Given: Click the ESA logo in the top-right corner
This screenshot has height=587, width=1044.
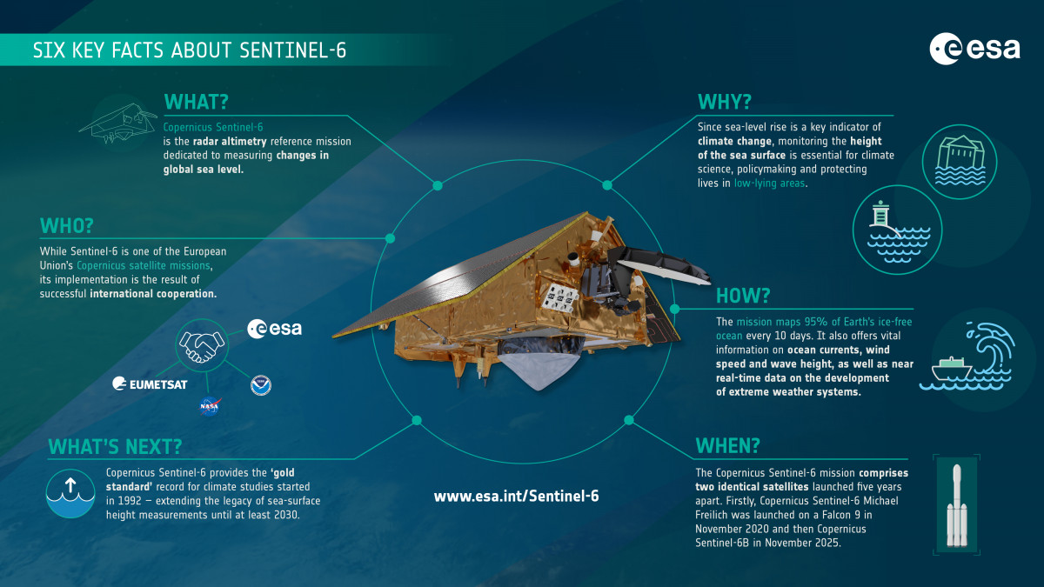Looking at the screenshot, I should pyautogui.click(x=974, y=49).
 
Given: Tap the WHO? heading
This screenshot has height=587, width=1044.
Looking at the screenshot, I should pyautogui.click(x=66, y=225).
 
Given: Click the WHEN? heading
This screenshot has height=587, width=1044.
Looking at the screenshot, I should pyautogui.click(x=727, y=445).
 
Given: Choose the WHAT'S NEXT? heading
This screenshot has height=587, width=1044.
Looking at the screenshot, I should pyautogui.click(x=115, y=447).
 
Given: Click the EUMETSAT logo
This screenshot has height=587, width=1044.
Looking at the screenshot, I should pyautogui.click(x=150, y=384).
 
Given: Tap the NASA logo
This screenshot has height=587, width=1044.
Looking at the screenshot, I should pyautogui.click(x=209, y=404).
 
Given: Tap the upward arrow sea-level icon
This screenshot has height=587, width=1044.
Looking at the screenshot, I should pyautogui.click(x=69, y=494).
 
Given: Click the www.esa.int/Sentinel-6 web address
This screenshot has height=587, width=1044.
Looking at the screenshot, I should pyautogui.click(x=516, y=496).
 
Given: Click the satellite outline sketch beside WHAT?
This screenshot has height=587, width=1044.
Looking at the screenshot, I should pyautogui.click(x=118, y=124).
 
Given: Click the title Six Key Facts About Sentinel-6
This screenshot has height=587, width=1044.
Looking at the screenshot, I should pyautogui.click(x=189, y=51).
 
